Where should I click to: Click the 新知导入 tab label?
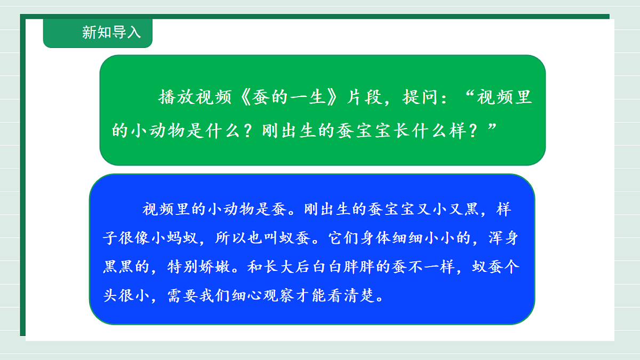click(x=111, y=33)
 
